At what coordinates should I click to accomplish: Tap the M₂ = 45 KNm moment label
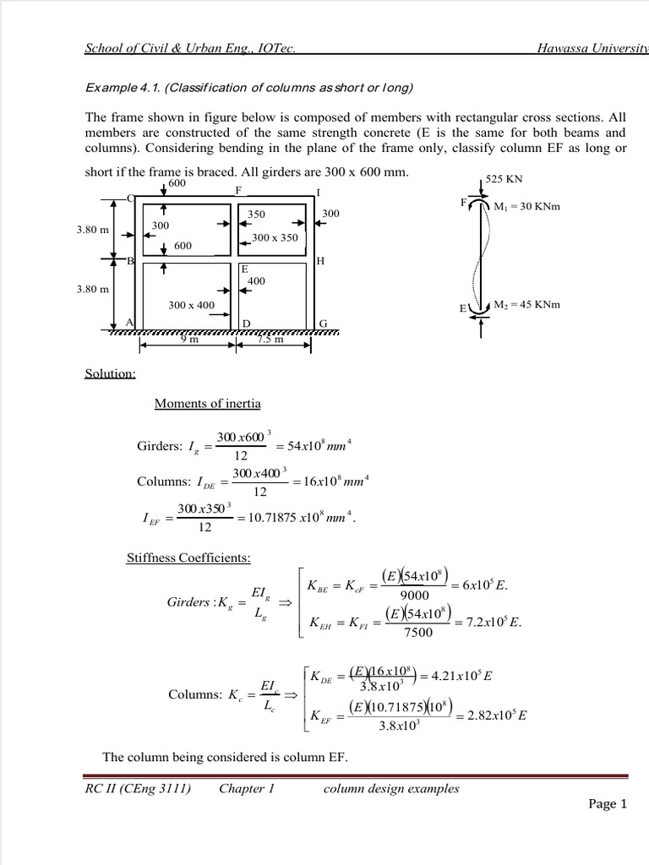click(526, 305)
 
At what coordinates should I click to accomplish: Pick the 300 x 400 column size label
click(191, 305)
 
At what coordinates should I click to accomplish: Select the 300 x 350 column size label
click(275, 237)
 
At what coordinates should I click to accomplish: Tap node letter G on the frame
click(323, 324)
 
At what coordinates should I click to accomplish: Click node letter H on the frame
click(320, 261)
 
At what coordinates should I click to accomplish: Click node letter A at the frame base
click(129, 322)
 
